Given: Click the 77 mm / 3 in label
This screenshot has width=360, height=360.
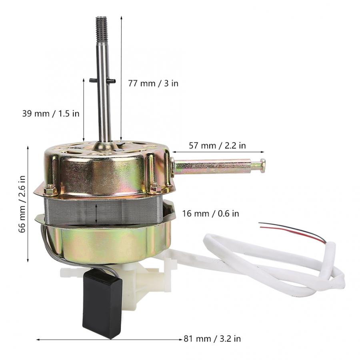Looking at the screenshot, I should click(153, 83).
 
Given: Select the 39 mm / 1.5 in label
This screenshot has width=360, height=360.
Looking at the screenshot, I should click(51, 113).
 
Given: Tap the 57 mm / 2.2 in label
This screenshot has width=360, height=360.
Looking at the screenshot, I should click(217, 146).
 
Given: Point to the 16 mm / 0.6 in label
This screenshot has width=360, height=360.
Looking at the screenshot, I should click(210, 214).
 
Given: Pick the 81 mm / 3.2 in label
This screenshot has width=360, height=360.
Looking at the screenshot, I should click(212, 339).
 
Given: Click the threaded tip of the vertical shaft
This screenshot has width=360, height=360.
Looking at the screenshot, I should click(101, 26).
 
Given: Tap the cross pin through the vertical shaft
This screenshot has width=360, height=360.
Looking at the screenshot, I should click(102, 81).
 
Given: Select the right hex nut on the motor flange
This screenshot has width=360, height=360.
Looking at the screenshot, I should click(155, 187).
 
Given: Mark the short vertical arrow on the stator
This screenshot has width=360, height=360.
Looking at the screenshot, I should click(96, 214).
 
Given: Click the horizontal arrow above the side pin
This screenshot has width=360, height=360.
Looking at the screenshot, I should click(218, 152).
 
